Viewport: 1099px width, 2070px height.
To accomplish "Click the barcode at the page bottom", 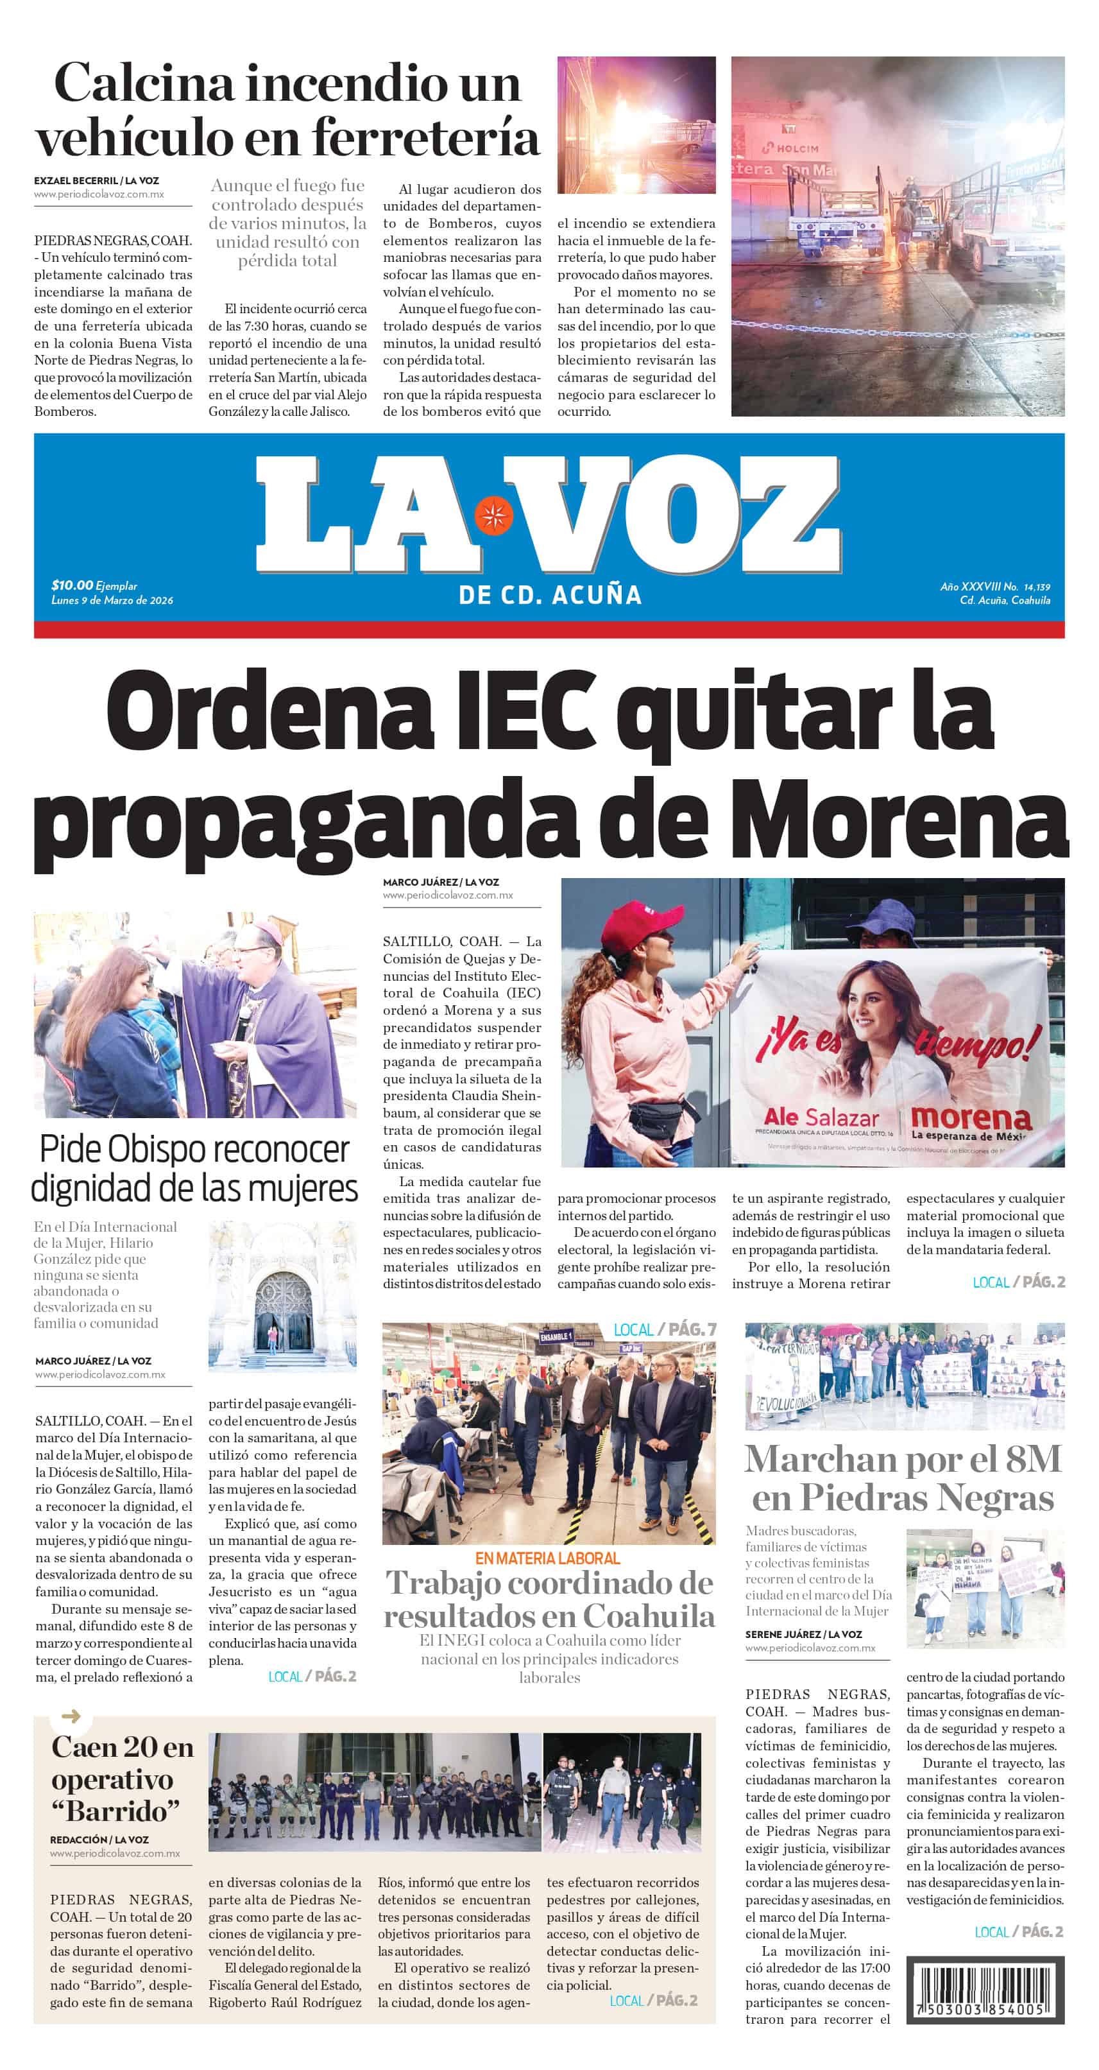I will (985, 1988).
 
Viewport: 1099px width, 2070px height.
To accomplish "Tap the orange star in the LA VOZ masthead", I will (493, 516).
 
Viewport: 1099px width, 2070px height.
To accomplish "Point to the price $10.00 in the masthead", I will (71, 585).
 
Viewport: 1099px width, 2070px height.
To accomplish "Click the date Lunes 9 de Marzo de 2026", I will (112, 600).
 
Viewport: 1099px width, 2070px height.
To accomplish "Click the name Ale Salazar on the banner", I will (821, 1117).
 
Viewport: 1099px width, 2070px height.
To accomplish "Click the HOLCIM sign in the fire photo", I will (791, 149).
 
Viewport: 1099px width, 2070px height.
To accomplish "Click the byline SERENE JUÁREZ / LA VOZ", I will (803, 1634).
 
